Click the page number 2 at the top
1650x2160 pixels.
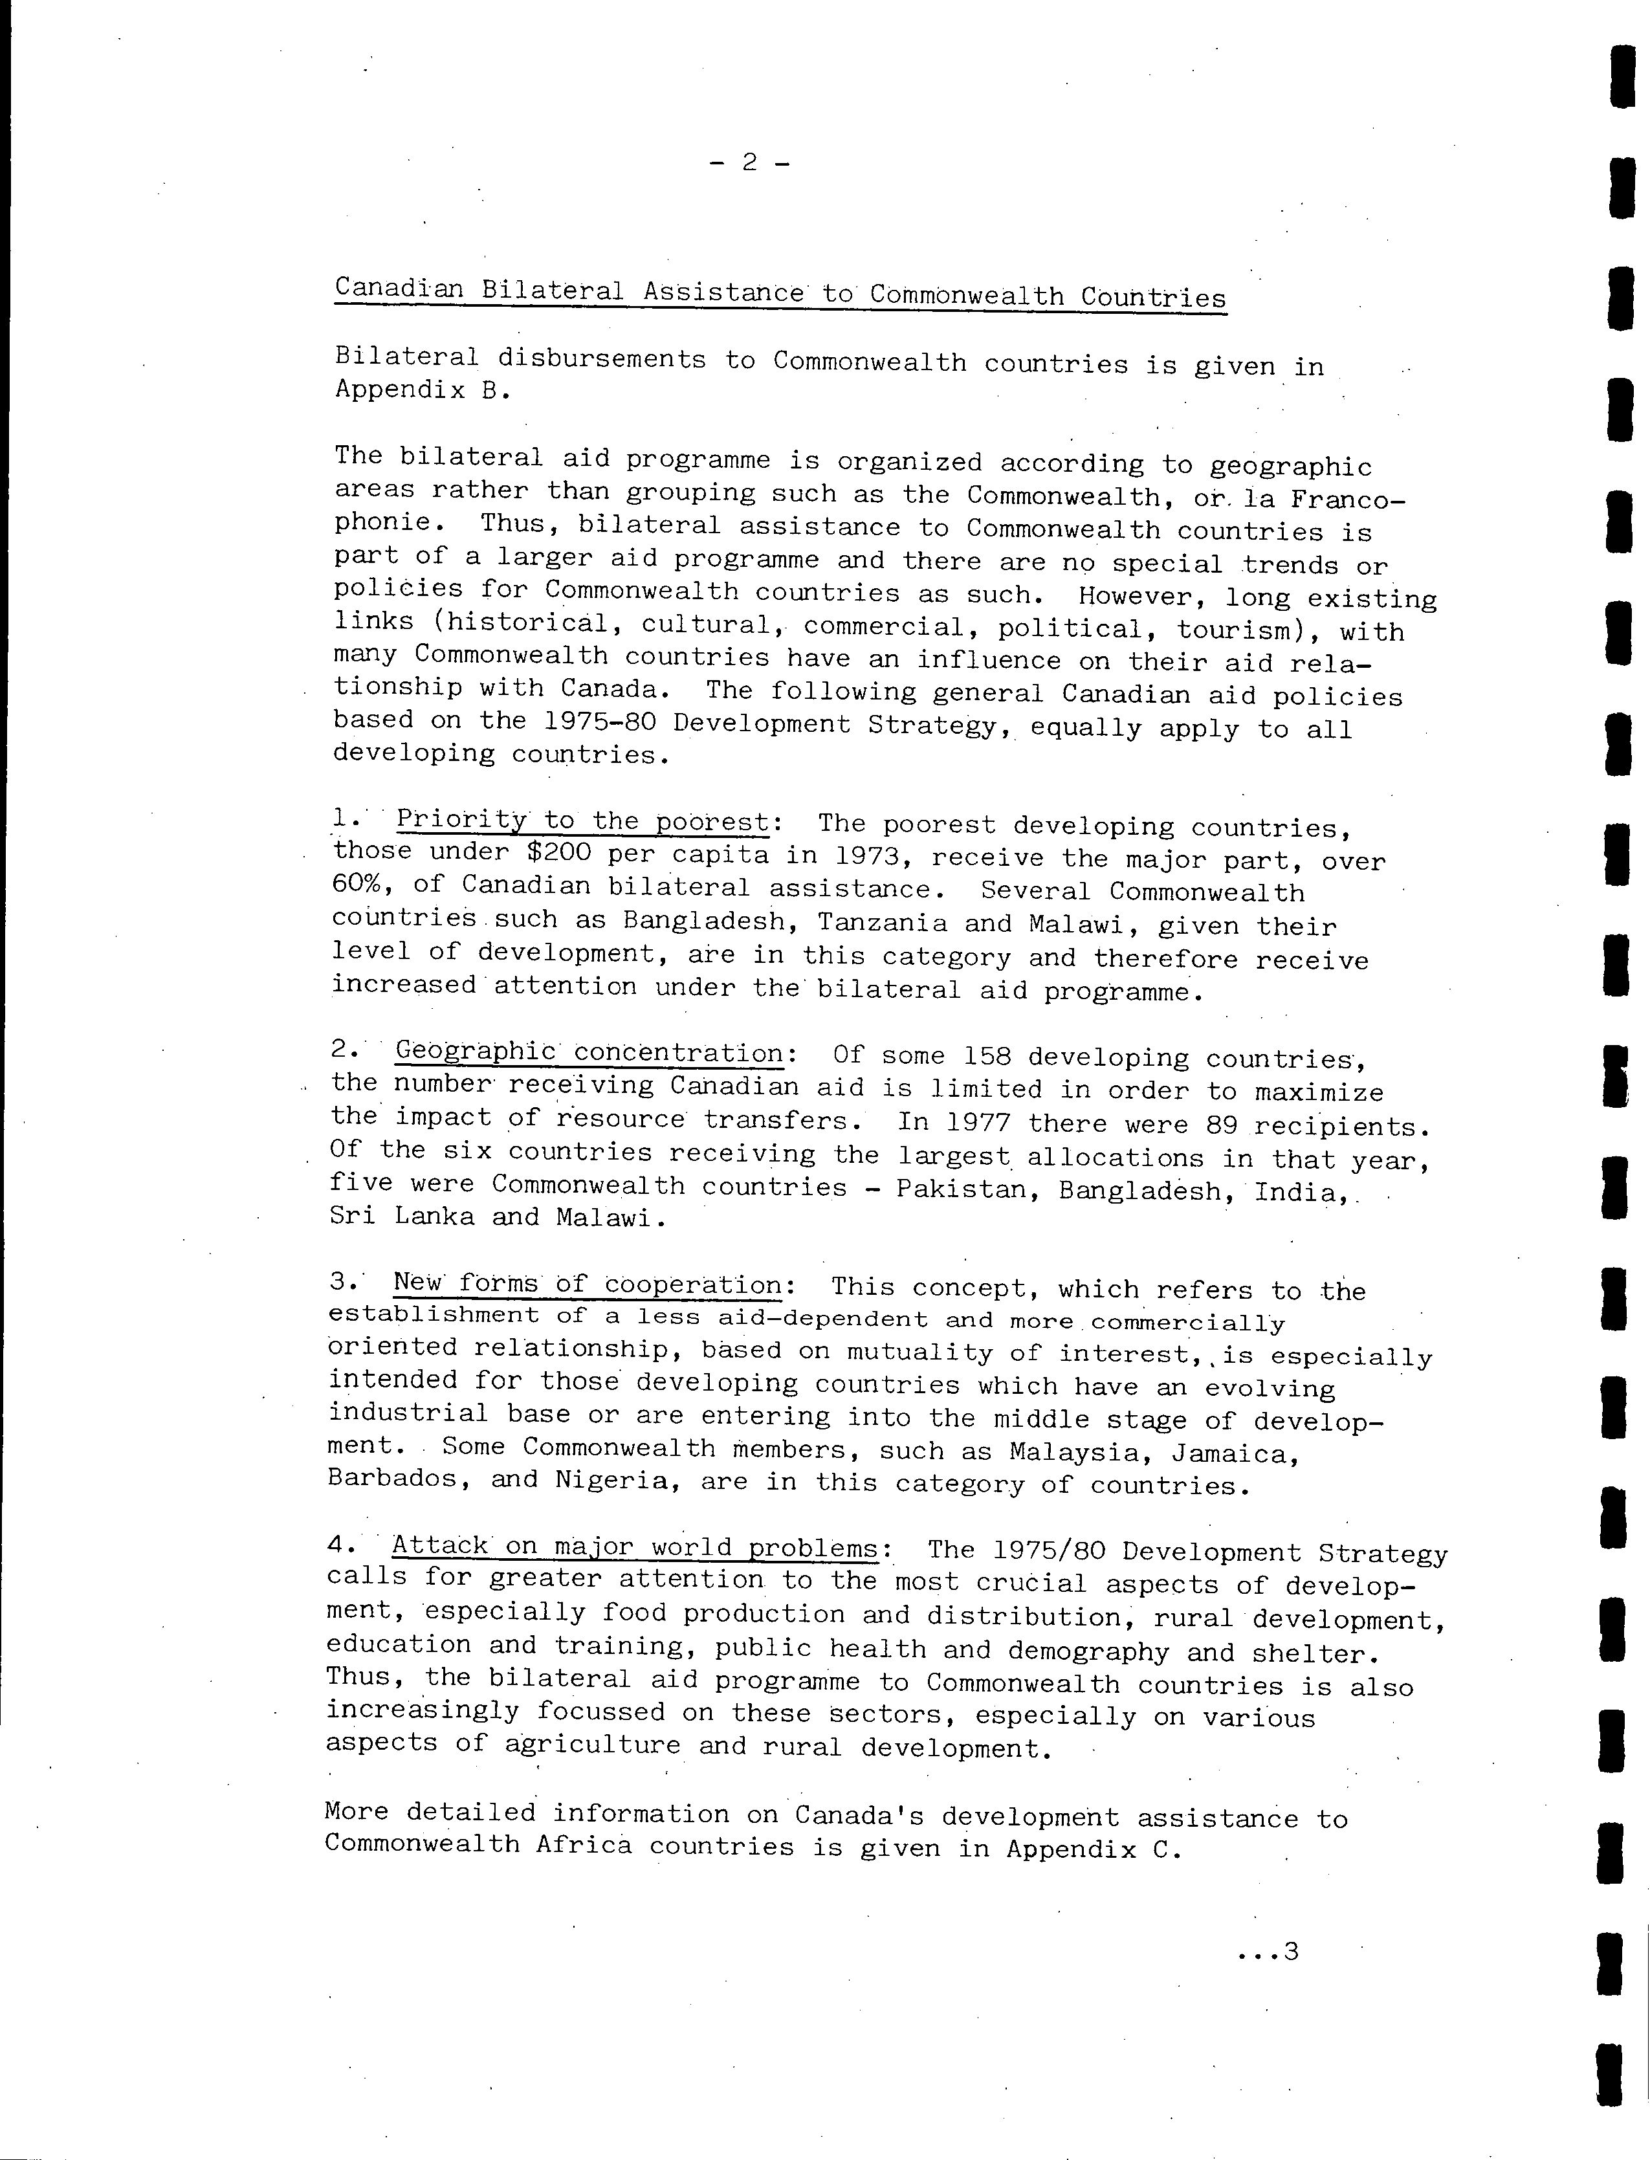click(x=749, y=162)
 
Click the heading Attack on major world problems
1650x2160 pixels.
click(x=635, y=1546)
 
